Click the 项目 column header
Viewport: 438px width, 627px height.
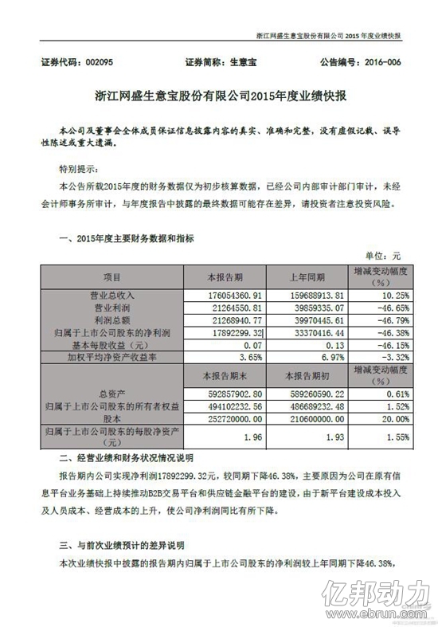[111, 277]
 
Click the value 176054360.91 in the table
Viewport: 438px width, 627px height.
[224, 294]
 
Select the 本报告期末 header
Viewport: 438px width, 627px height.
[224, 373]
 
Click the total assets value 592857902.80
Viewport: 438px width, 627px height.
[224, 391]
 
